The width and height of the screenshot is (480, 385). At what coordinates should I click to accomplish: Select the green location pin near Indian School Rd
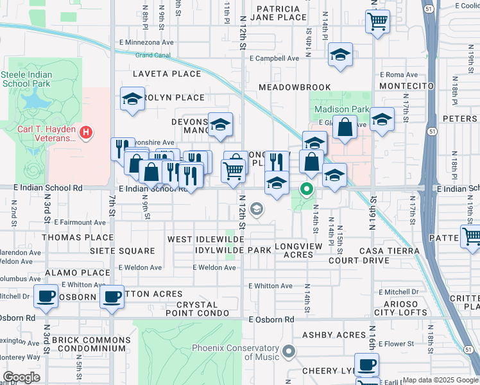click(x=307, y=189)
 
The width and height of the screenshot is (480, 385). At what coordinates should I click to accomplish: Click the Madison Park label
click(x=342, y=110)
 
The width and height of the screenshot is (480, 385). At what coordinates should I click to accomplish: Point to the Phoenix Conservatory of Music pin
click(x=289, y=351)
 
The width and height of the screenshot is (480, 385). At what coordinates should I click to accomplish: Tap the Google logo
click(x=21, y=377)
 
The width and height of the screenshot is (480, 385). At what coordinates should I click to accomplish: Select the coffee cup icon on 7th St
click(x=112, y=296)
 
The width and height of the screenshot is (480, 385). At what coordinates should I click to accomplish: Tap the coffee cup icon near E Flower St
click(x=366, y=364)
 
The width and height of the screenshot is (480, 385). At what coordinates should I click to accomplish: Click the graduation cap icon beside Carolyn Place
click(x=132, y=99)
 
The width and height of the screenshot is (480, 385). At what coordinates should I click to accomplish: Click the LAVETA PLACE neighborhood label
click(x=166, y=74)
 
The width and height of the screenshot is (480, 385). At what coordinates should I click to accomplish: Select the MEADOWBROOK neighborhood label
click(x=295, y=87)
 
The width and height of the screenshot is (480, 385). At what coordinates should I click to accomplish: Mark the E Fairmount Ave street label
click(x=80, y=222)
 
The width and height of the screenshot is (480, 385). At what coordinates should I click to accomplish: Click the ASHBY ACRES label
click(x=333, y=335)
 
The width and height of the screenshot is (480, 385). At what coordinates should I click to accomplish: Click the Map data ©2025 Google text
click(x=440, y=380)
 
